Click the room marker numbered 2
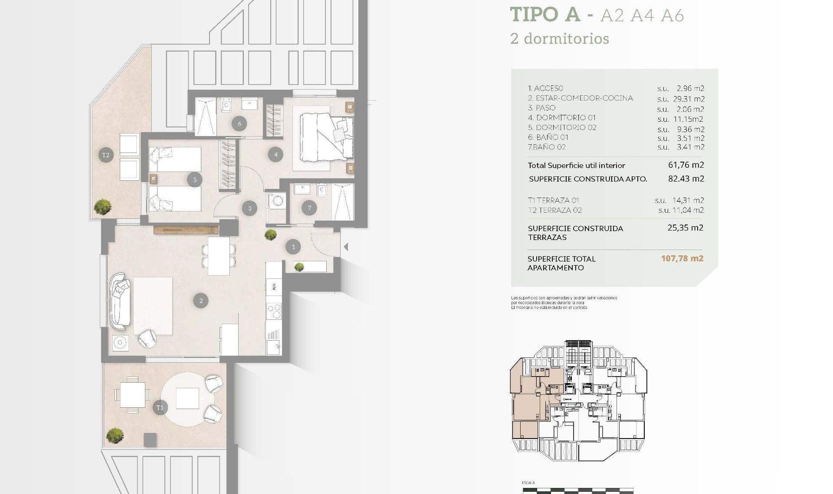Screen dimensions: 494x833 pyautogui.click(x=200, y=300)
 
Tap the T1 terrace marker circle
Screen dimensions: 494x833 pyautogui.click(x=160, y=407)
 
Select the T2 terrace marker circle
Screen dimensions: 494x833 pyautogui.click(x=106, y=155)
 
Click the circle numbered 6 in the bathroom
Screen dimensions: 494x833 pyautogui.click(x=239, y=123)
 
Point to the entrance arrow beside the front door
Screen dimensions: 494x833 pyautogui.click(x=346, y=247)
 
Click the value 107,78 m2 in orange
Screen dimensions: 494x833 pyautogui.click(x=682, y=258)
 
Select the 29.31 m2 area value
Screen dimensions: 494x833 pyautogui.click(x=690, y=99)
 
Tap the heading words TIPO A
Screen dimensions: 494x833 pyautogui.click(x=545, y=14)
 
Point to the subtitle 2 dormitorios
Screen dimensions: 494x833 pyautogui.click(x=560, y=39)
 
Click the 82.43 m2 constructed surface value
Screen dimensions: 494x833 pyautogui.click(x=686, y=179)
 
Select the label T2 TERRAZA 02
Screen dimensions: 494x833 pyautogui.click(x=554, y=210)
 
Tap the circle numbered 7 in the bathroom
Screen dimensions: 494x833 pyautogui.click(x=309, y=208)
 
